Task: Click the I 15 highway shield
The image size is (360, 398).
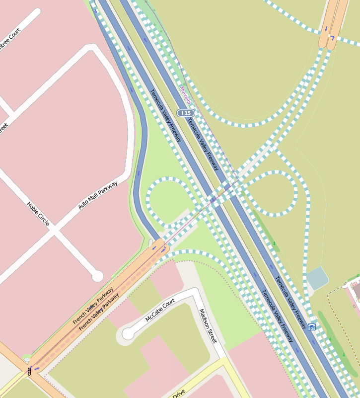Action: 186,113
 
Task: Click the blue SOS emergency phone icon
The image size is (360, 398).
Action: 312,327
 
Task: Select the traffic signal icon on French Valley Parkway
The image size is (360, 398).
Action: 29,371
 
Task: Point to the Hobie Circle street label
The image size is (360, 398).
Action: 38,214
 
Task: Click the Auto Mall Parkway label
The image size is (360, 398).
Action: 98,195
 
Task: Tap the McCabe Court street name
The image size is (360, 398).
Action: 160,311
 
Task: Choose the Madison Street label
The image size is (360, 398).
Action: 208,326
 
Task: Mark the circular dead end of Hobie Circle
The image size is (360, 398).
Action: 97,276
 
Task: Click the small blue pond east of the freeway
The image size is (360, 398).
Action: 317,278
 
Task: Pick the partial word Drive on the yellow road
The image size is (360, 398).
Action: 179,393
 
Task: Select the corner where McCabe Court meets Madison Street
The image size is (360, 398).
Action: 193,293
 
